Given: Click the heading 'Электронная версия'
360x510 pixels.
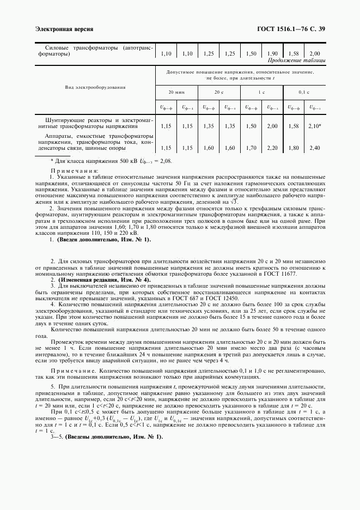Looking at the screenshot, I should click(64, 28).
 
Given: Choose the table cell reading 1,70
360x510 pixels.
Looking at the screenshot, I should click(251, 148).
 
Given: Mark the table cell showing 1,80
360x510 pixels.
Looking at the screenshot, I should click(294, 148).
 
